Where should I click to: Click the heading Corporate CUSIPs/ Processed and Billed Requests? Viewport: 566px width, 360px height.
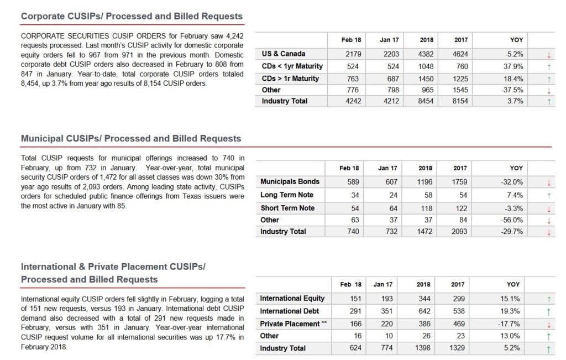(x=132, y=17)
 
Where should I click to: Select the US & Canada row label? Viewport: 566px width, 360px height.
(x=284, y=54)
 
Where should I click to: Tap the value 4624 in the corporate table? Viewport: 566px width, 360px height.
(x=460, y=54)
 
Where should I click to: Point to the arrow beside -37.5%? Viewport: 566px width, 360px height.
(x=548, y=90)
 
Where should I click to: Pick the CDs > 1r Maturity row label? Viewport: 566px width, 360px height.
(x=290, y=79)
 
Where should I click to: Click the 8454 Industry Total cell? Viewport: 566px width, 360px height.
(x=426, y=101)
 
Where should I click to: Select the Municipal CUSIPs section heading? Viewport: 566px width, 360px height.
(x=131, y=138)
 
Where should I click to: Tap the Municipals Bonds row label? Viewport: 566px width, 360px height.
(x=290, y=181)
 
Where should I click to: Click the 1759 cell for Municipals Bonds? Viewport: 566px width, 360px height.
(x=459, y=182)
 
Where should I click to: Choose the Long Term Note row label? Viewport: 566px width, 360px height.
(x=287, y=195)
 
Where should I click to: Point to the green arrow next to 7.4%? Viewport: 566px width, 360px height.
(x=548, y=195)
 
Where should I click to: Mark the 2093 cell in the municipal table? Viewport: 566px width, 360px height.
(x=459, y=232)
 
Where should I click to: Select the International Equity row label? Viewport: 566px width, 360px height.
(x=292, y=299)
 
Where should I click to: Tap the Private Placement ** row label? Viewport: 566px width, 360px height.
(x=293, y=324)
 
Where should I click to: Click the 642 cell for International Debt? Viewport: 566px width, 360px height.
(x=423, y=311)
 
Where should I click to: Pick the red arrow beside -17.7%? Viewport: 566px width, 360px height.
(x=548, y=324)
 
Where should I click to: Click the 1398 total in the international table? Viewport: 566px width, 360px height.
(x=423, y=348)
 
